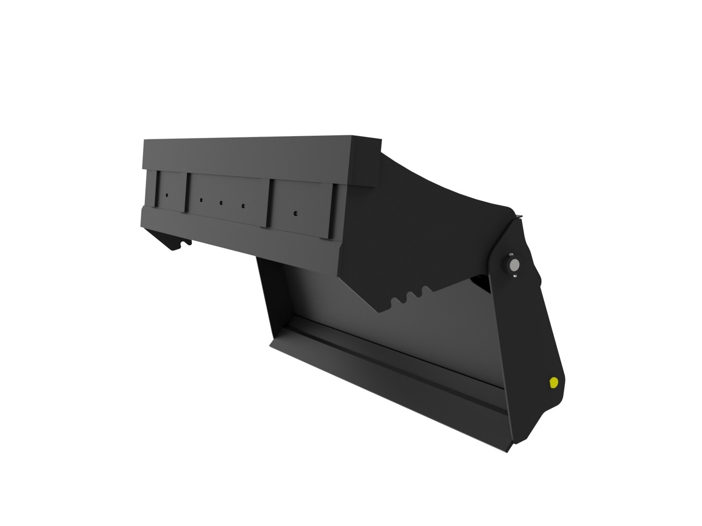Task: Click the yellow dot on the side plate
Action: pos(554,383)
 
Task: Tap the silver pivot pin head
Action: pos(514,266)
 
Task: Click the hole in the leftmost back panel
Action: pos(167,195)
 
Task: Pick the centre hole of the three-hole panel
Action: pos(221,203)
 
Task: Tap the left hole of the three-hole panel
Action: pos(200,199)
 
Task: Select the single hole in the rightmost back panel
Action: pos(295,212)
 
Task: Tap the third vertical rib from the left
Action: pos(269,203)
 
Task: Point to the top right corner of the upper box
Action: pos(379,138)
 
